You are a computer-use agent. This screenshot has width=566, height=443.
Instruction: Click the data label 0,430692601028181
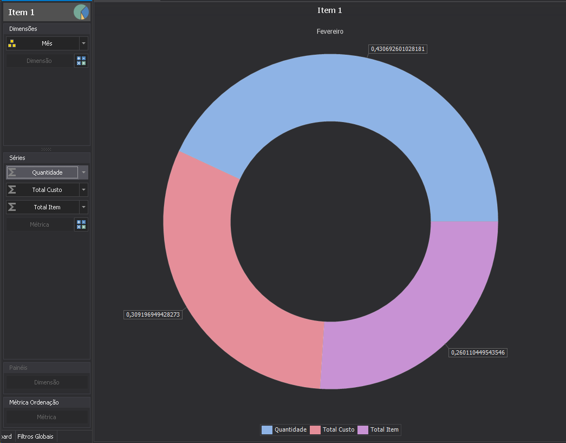click(x=398, y=49)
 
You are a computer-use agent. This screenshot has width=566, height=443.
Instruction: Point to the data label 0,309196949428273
click(x=153, y=314)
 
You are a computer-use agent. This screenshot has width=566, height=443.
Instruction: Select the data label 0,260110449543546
click(x=478, y=352)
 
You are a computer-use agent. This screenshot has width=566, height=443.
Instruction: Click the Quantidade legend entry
click(x=284, y=430)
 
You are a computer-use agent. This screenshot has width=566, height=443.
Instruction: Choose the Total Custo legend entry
click(x=333, y=430)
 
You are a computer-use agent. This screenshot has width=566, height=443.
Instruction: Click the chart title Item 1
click(x=330, y=10)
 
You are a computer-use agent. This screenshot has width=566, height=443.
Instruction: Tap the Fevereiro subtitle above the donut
click(x=330, y=31)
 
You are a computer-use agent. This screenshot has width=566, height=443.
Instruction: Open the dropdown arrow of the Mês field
click(x=83, y=43)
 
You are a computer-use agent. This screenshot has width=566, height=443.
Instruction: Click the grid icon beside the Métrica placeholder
click(x=81, y=224)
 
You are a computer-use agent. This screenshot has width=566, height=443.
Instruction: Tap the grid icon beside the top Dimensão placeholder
click(x=81, y=61)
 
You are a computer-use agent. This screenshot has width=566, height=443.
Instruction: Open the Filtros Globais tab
click(x=35, y=436)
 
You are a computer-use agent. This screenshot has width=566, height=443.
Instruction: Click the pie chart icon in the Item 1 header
click(x=81, y=12)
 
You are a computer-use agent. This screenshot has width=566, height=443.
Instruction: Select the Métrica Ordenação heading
click(x=34, y=402)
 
